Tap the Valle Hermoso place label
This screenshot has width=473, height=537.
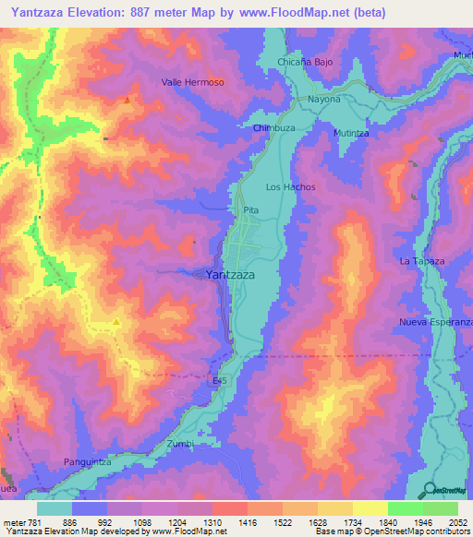(x=193, y=82)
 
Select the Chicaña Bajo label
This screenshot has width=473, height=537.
(x=305, y=63)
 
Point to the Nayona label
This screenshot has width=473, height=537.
(x=324, y=99)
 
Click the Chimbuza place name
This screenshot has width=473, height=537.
(x=273, y=128)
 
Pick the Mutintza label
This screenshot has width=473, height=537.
(x=352, y=133)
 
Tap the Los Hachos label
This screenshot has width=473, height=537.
(x=291, y=187)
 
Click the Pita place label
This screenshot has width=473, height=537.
(x=250, y=210)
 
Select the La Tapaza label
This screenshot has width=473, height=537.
(x=422, y=261)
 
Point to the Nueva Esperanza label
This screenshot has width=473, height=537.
(x=435, y=321)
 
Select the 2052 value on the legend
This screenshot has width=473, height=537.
(x=458, y=522)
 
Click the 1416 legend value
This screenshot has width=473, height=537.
(x=248, y=522)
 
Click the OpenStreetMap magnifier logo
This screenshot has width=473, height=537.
(x=430, y=491)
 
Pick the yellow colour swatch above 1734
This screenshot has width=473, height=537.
(x=335, y=508)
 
